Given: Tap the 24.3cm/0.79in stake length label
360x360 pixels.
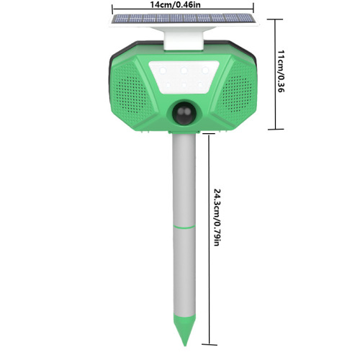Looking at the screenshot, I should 217,217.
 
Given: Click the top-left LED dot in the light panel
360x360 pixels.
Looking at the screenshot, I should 164,71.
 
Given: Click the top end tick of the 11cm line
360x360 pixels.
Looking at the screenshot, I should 273,19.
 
